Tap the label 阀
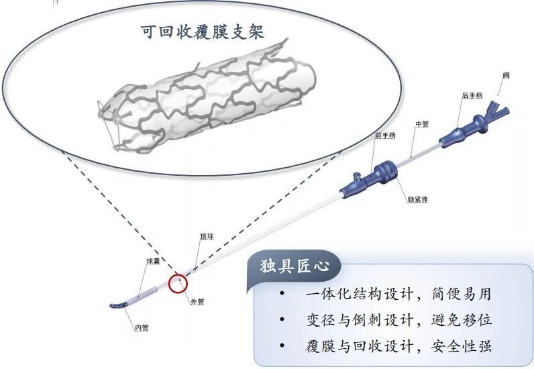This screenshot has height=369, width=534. coord(506,75)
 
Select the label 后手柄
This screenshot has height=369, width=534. coord(472,96)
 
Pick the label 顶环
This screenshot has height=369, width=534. coord(208,237)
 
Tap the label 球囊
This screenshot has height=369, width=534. coord(154,260)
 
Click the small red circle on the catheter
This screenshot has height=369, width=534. coord(178,283)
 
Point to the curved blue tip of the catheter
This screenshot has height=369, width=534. coord(119,305)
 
